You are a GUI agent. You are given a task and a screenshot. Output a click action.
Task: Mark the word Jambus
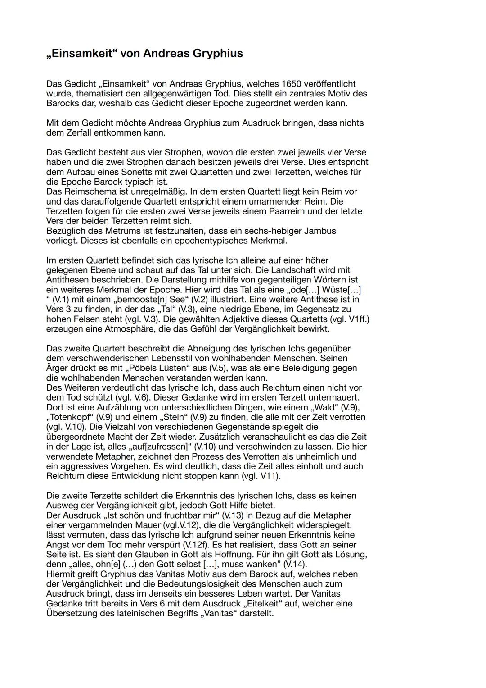click(x=320, y=231)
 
